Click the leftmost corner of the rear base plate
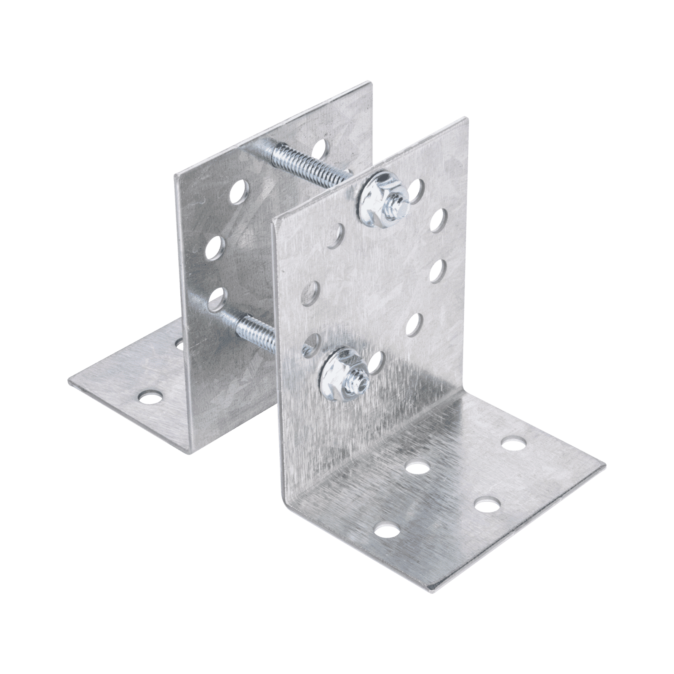coord(69,381)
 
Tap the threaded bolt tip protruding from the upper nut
coord(396,202)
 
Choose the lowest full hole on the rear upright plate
coord(216,296)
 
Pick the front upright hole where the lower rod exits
coord(311,342)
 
